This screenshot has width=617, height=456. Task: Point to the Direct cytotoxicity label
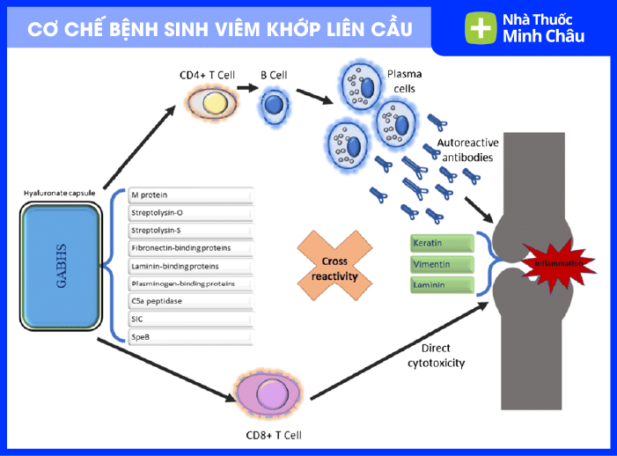[x=437, y=355]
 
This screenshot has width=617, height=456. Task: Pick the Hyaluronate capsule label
[x=60, y=192]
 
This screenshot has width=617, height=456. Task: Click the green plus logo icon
[x=480, y=28]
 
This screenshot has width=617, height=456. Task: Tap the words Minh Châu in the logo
[x=543, y=36]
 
